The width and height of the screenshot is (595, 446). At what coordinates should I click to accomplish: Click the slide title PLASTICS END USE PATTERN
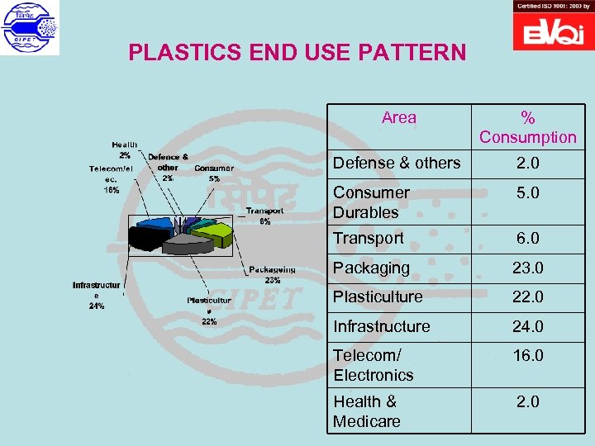[297, 54]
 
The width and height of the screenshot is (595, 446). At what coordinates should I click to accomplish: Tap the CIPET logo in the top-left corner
[31, 28]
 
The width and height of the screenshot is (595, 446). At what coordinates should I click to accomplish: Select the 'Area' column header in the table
[399, 118]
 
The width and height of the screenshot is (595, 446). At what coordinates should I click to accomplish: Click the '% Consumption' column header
[527, 128]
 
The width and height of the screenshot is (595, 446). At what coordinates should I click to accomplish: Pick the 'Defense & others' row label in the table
[397, 164]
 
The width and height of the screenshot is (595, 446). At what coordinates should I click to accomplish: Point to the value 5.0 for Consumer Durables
[527, 193]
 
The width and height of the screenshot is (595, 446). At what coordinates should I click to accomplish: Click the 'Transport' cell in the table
[369, 239]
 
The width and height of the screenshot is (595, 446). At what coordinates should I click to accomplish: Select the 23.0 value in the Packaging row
[527, 268]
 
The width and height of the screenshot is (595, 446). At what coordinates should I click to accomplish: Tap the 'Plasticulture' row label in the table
[378, 297]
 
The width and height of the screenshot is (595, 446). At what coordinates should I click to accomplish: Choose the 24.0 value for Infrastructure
[527, 327]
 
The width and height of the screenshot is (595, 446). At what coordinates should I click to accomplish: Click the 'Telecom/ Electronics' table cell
[374, 365]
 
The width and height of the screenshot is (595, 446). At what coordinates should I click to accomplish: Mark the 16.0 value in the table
[527, 356]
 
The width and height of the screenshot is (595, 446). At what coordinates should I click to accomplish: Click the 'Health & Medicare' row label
[367, 411]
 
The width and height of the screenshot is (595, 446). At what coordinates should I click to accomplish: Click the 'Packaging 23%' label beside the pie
[272, 274]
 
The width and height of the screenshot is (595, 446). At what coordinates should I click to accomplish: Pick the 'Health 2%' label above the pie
[125, 149]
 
